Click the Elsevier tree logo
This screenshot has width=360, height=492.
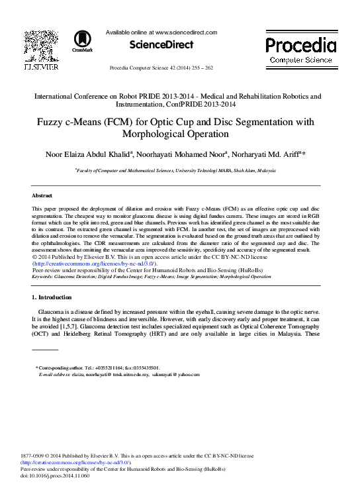41,47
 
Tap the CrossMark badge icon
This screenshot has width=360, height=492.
83,41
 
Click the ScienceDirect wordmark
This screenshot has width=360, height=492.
161,45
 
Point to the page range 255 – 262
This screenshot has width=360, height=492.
210,68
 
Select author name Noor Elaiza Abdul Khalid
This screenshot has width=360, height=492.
89,154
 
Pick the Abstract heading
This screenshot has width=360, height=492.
42,196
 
